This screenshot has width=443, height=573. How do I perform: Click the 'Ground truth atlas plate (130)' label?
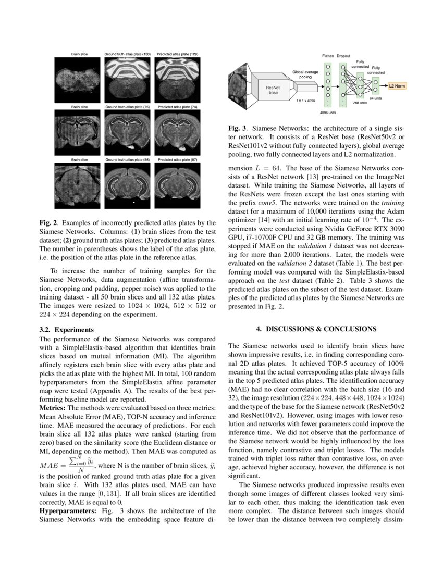[x=128, y=54]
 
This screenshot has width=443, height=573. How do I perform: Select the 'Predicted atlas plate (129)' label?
[x=178, y=54]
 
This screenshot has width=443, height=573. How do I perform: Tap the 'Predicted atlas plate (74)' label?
[x=178, y=106]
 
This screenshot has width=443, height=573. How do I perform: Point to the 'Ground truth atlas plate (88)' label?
[x=128, y=159]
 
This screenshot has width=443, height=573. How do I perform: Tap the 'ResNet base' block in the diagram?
[x=273, y=91]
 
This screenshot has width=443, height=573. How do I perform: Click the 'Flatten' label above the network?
[x=328, y=55]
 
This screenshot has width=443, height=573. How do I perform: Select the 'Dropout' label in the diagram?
[x=343, y=55]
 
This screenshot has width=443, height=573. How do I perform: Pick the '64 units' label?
[x=376, y=98]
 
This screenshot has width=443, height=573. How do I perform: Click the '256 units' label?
[x=360, y=103]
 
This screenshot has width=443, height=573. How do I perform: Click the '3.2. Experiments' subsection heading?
[x=67, y=330]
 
